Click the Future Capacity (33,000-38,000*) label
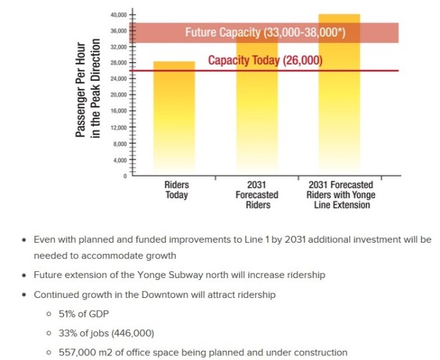tap(265, 32)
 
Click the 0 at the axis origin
tap(125, 176)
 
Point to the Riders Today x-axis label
tap(177, 190)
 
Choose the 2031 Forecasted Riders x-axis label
tap(257, 195)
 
